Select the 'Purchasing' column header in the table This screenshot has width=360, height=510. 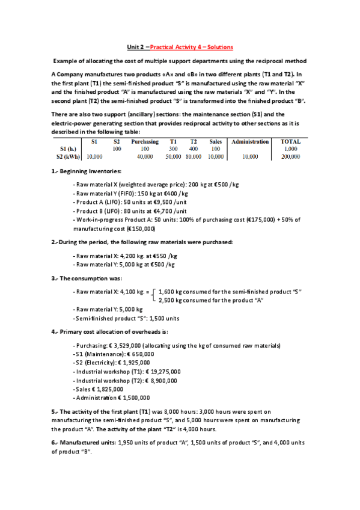144,141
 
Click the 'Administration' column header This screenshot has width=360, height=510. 250,141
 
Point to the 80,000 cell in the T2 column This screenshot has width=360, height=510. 194,156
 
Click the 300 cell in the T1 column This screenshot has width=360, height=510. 173,149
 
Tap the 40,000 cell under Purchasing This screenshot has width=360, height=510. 144,156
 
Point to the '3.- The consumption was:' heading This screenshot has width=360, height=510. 87,278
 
